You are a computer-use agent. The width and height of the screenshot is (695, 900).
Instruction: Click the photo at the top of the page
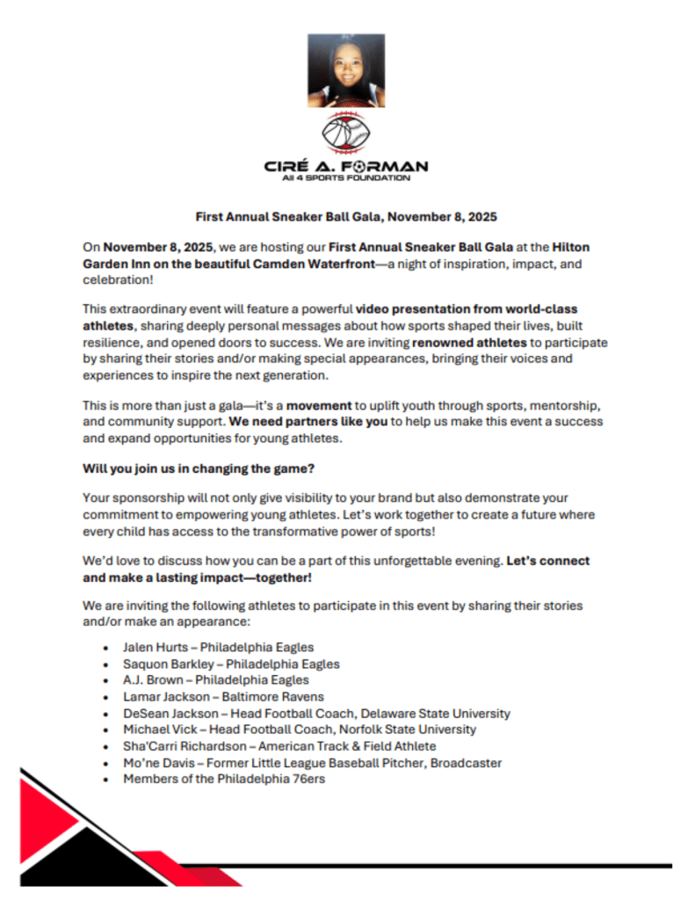(x=346, y=70)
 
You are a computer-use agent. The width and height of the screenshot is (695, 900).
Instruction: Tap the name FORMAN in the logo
(x=391, y=165)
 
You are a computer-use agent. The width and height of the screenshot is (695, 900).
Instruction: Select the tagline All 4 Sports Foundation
(x=346, y=178)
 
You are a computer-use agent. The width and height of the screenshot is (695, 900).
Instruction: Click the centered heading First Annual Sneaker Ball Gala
(x=346, y=216)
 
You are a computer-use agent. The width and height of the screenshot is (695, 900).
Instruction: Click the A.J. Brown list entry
(x=216, y=680)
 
